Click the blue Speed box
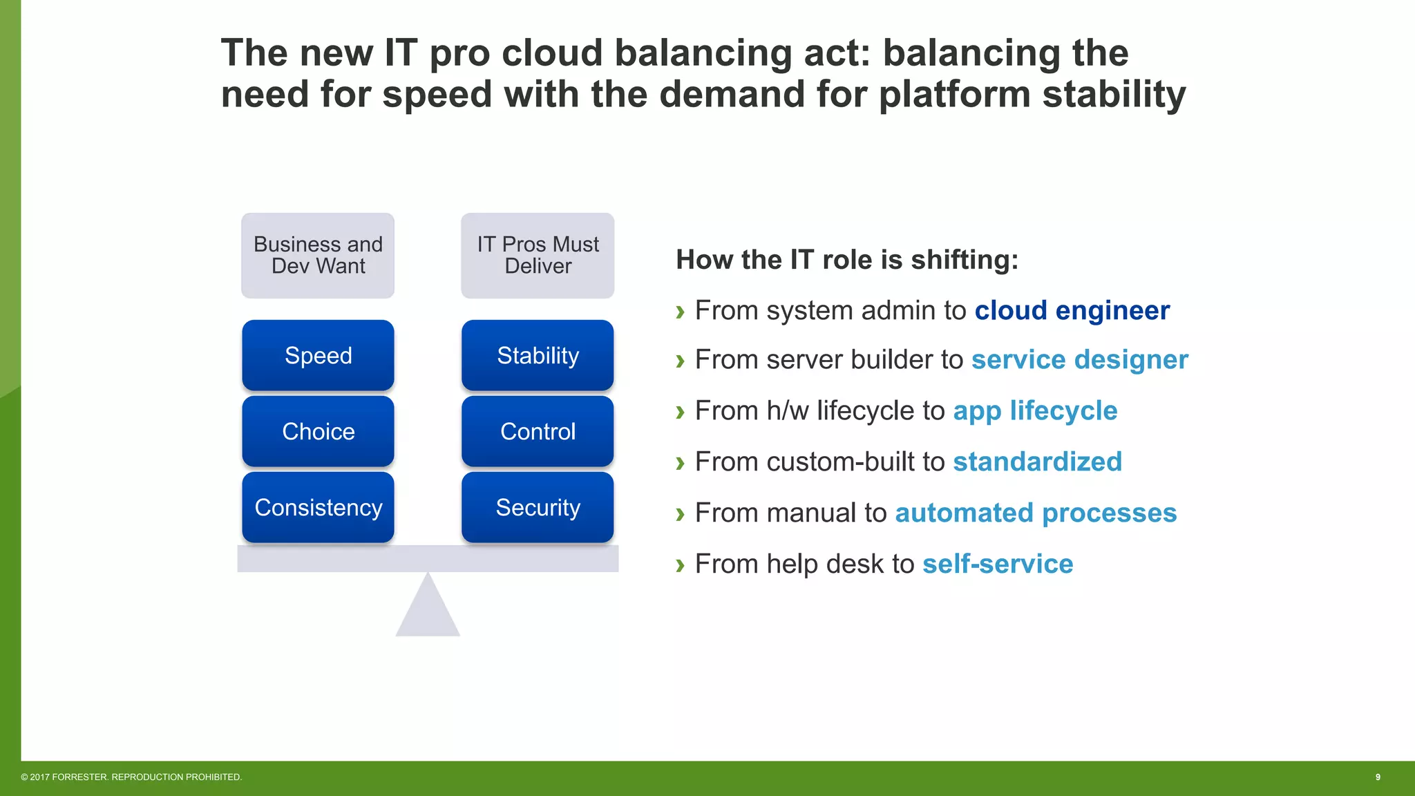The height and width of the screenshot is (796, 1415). tap(318, 355)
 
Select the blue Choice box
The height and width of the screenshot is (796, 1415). tap(318, 431)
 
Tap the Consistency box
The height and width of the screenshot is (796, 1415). tap(318, 507)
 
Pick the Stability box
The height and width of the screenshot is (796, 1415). tap(538, 355)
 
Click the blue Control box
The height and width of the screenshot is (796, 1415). tap(538, 431)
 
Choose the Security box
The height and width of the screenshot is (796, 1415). tap(538, 507)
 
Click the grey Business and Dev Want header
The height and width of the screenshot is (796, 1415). tap(318, 255)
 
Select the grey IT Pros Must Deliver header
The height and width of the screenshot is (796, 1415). tap(538, 255)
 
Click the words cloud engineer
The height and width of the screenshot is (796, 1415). tap(1072, 310)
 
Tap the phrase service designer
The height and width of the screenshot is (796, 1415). tap(1079, 359)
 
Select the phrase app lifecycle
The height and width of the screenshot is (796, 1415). tap(1035, 410)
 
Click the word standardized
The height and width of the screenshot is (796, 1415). tap(1037, 462)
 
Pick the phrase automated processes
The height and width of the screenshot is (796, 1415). tap(1036, 513)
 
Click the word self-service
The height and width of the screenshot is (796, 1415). tap(998, 564)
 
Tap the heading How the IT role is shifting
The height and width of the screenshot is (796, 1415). tap(847, 260)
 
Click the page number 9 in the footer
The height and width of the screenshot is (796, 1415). tap(1377, 777)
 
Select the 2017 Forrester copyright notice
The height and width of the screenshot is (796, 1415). tap(131, 777)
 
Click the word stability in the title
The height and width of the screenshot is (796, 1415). tap(1114, 94)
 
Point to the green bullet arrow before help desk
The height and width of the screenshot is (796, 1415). tap(680, 565)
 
